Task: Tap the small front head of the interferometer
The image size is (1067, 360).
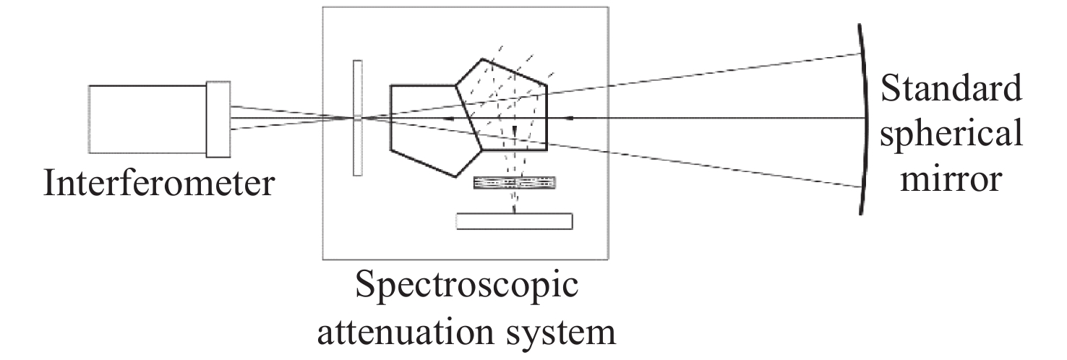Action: click(x=218, y=119)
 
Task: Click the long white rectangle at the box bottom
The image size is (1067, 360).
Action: click(x=515, y=221)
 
